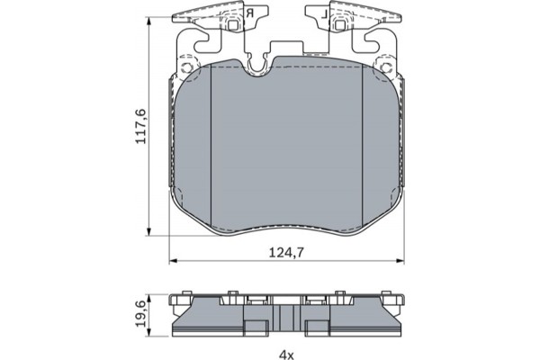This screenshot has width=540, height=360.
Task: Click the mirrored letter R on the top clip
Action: (x=249, y=14)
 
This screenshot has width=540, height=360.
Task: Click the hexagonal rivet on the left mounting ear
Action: (x=186, y=67)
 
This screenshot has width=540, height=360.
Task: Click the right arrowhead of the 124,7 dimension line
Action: (x=401, y=261)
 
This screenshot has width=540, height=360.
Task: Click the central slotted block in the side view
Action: (x=287, y=319)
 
